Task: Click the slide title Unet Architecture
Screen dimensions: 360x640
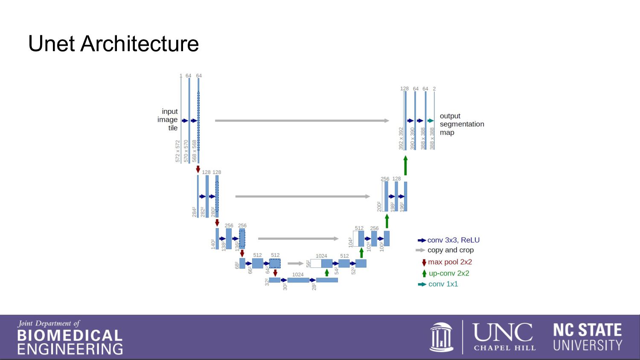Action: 113,44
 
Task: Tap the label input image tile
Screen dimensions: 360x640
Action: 168,119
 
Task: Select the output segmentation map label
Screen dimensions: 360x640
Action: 461,124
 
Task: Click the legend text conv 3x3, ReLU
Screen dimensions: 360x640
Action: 453,240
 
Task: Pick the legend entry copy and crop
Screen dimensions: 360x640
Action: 450,250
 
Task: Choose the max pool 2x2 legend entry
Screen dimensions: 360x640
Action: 450,262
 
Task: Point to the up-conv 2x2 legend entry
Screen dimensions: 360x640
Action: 448,273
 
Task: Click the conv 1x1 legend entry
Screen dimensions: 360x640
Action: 443,284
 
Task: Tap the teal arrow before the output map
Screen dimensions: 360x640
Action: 431,121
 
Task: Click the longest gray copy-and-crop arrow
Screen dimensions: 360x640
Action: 302,121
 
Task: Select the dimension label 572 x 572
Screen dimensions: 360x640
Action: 178,151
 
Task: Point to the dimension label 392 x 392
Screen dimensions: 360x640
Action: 401,138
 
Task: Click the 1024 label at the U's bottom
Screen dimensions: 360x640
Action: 298,275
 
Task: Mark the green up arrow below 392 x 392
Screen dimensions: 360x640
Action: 405,165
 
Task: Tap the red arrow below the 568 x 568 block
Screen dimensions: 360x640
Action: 198,169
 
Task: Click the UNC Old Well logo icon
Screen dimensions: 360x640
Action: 441,337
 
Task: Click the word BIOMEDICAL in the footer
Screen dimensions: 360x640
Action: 70,336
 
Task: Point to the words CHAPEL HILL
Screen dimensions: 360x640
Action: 504,348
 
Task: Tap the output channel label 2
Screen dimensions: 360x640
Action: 434,89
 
